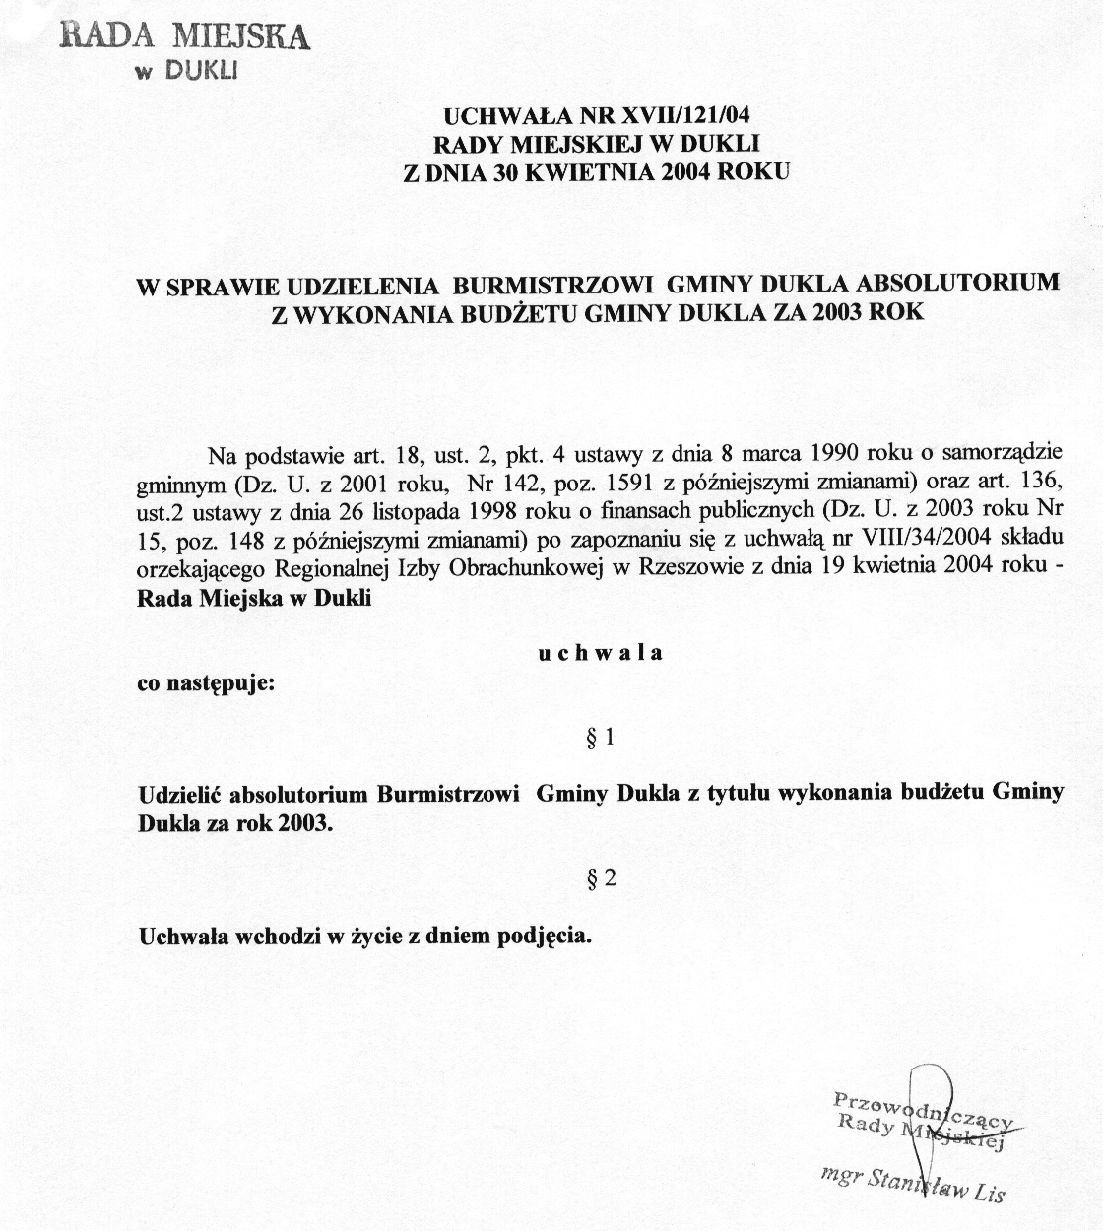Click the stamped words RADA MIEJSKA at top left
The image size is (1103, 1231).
pyautogui.click(x=186, y=35)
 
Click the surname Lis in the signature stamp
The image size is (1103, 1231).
pyautogui.click(x=987, y=1194)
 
